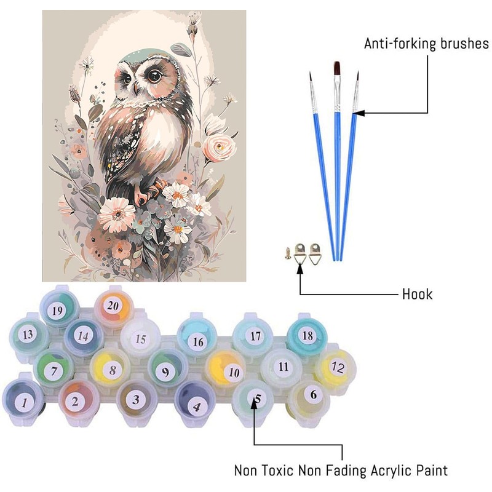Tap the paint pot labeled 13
27,335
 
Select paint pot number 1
24,403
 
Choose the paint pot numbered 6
314,395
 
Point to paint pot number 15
141,339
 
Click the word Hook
418,295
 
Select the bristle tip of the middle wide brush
336,69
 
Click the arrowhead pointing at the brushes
359,113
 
